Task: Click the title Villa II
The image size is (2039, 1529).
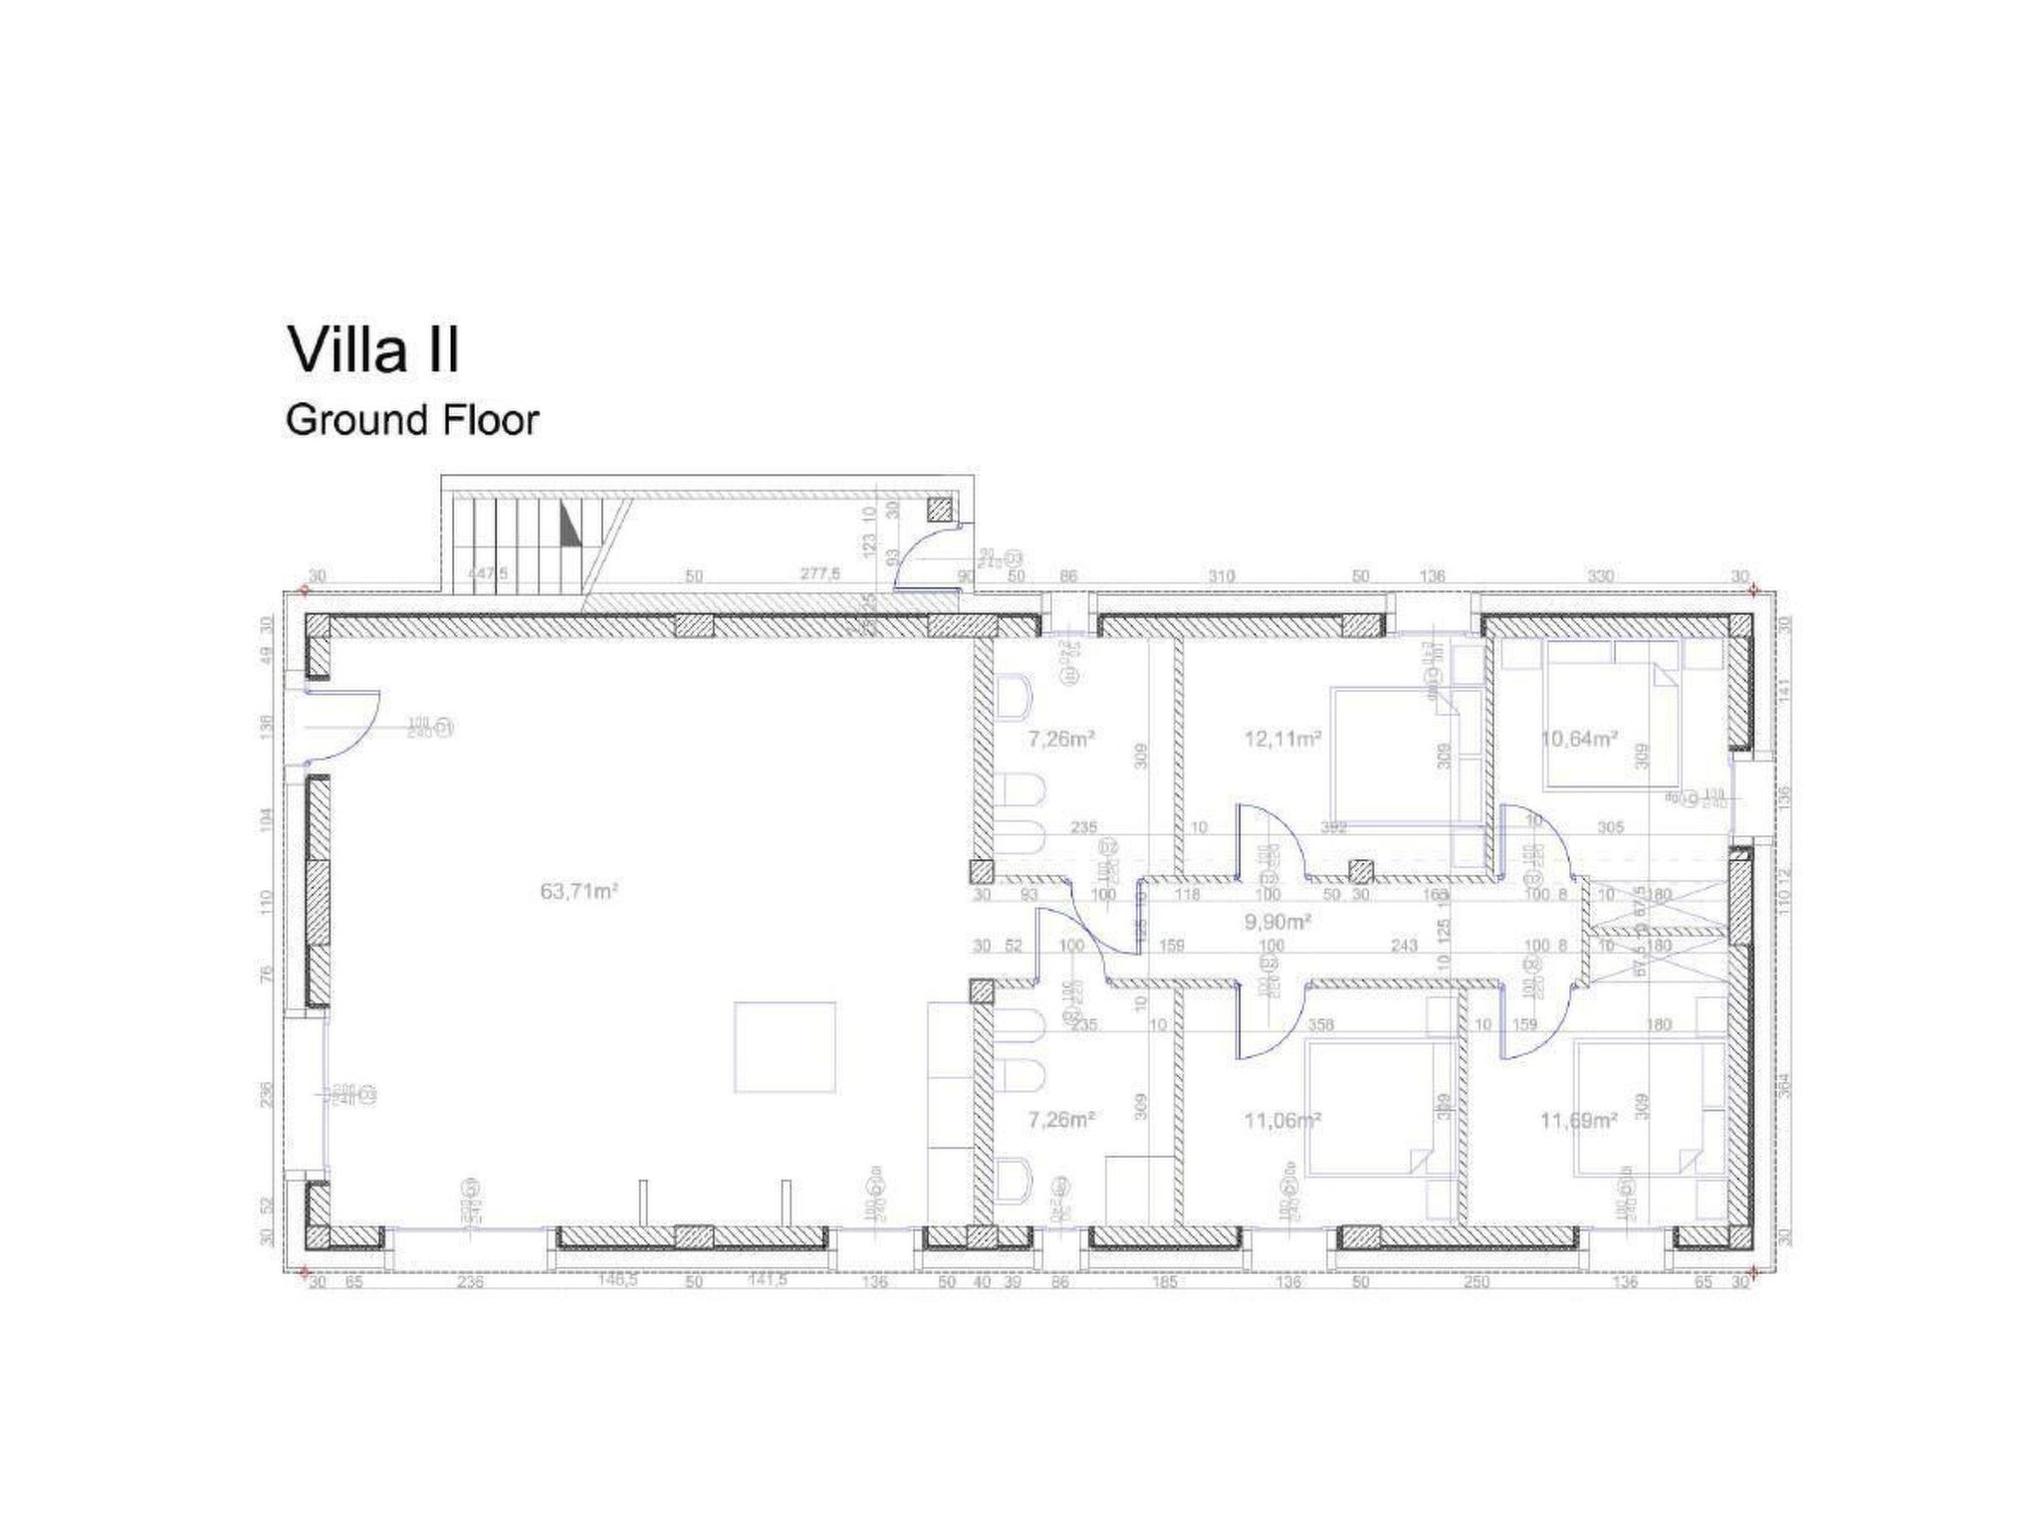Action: coord(373,350)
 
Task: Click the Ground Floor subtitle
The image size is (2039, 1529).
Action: coord(411,420)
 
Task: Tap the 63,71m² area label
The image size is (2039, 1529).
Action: coord(579,891)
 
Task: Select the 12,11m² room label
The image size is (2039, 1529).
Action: coord(1282,739)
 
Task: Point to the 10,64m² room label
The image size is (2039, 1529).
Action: coord(1579,739)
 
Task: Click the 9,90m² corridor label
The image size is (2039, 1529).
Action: coord(1277,922)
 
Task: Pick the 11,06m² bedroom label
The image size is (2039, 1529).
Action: coord(1282,1120)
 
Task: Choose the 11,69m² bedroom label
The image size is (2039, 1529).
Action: coord(1579,1120)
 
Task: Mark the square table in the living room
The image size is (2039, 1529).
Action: coord(785,1047)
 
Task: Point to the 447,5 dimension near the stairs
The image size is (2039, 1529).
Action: coord(488,574)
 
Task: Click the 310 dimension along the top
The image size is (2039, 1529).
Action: coord(1222,576)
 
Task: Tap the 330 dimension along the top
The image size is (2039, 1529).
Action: coord(1600,576)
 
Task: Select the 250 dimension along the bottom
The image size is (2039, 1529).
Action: coord(1476,1282)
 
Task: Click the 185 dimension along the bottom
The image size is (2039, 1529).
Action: coord(1164,1282)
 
